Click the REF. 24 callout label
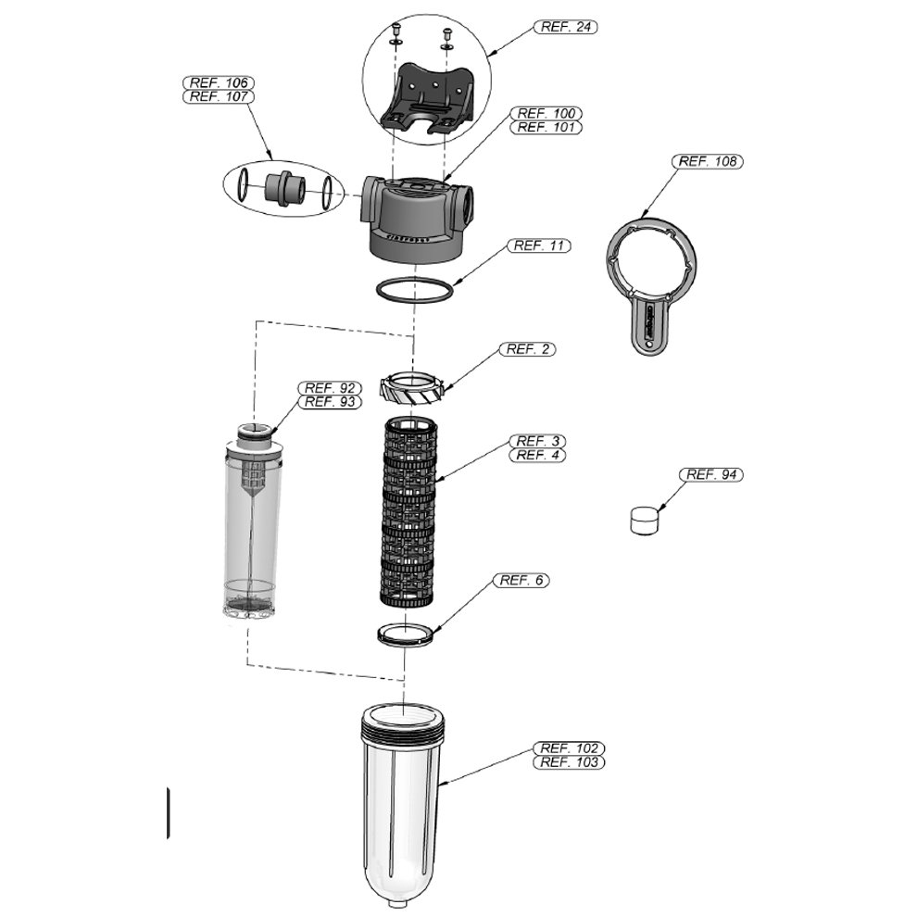(565, 27)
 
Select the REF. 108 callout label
(708, 161)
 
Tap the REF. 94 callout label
(712, 475)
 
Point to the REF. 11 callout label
(538, 245)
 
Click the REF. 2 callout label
(531, 349)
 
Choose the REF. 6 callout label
(522, 581)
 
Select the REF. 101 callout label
(547, 127)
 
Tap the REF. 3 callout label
(538, 441)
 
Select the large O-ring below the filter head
(415, 289)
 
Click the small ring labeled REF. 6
(406, 634)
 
